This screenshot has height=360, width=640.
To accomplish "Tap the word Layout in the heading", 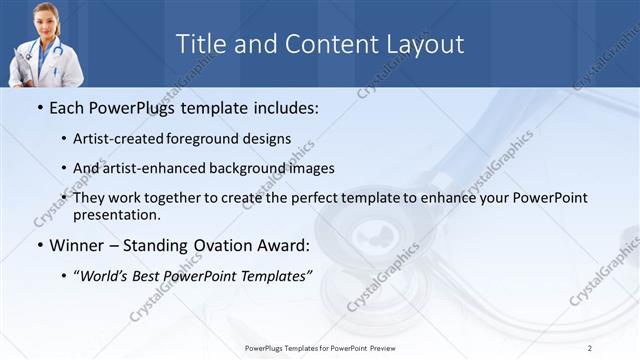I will (x=429, y=44).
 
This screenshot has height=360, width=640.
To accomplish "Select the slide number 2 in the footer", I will (x=590, y=347).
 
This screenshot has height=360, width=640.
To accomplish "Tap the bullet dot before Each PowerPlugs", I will (x=39, y=107).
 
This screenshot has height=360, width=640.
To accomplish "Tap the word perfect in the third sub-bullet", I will (x=311, y=198).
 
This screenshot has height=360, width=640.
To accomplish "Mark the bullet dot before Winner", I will (x=39, y=245).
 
